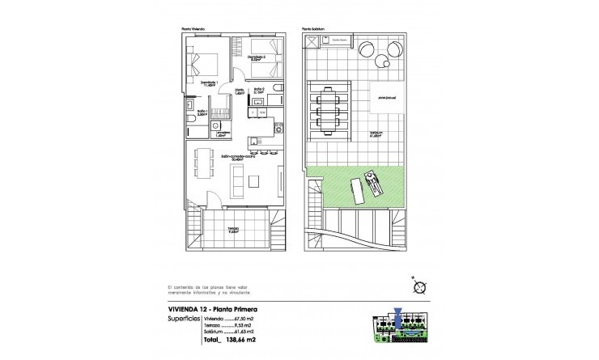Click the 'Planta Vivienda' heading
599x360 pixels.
[193, 30]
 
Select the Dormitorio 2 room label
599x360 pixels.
[257, 57]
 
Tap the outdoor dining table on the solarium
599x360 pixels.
[332, 109]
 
